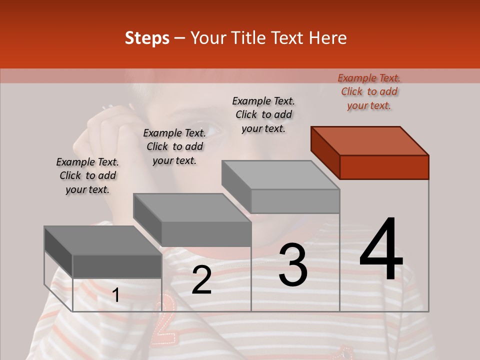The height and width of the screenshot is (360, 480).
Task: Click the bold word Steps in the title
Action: click(x=147, y=38)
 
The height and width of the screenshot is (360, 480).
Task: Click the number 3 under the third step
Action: click(x=293, y=265)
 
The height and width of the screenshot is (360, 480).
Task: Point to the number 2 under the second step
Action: click(x=201, y=280)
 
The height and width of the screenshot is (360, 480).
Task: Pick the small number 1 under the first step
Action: click(x=116, y=295)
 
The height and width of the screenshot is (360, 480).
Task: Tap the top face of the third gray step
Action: click(x=280, y=175)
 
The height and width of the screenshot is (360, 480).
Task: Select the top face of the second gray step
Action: click(x=192, y=208)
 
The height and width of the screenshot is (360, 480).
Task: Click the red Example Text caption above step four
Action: click(x=369, y=91)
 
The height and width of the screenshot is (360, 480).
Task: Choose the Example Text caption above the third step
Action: click(x=263, y=114)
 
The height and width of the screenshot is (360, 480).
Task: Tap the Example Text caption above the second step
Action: click(x=174, y=146)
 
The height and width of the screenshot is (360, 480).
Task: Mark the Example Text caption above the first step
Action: click(x=87, y=175)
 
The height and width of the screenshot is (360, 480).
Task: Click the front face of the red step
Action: click(x=384, y=167)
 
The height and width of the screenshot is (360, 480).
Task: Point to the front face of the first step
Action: click(x=117, y=266)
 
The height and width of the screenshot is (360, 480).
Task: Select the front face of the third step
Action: click(x=295, y=201)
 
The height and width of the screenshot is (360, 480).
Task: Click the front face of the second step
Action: click(x=206, y=234)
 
